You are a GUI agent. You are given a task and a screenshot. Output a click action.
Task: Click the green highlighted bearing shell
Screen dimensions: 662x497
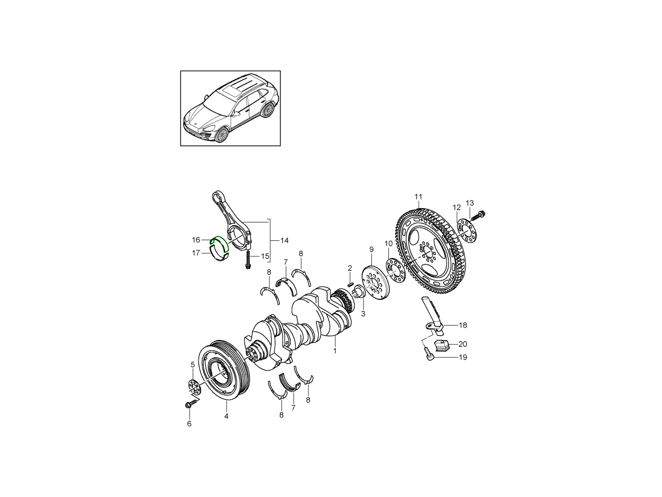(x=220, y=241)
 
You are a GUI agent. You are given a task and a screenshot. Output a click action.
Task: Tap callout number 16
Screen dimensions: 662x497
(x=196, y=240)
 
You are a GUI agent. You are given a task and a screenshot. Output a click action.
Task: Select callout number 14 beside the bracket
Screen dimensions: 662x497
(x=285, y=241)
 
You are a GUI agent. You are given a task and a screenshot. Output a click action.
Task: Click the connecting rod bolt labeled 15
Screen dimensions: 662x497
(x=248, y=259)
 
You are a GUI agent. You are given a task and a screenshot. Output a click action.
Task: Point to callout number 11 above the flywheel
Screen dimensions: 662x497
(x=418, y=197)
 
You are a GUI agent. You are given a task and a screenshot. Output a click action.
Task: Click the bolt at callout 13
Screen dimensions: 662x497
(x=478, y=215)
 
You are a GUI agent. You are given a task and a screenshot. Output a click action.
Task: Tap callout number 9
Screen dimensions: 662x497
(x=371, y=249)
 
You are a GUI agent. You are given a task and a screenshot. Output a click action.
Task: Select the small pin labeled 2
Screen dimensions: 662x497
(x=350, y=284)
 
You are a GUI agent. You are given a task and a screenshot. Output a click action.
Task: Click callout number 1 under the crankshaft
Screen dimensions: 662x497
(x=335, y=351)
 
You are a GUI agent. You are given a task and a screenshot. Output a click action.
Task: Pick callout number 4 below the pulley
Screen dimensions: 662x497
(x=226, y=416)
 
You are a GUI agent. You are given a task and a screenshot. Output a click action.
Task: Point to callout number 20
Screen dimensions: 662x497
(x=463, y=344)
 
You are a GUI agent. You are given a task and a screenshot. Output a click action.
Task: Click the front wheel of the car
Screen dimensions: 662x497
(x=222, y=134)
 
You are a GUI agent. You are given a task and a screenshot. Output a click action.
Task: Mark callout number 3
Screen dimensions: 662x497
(x=363, y=314)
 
